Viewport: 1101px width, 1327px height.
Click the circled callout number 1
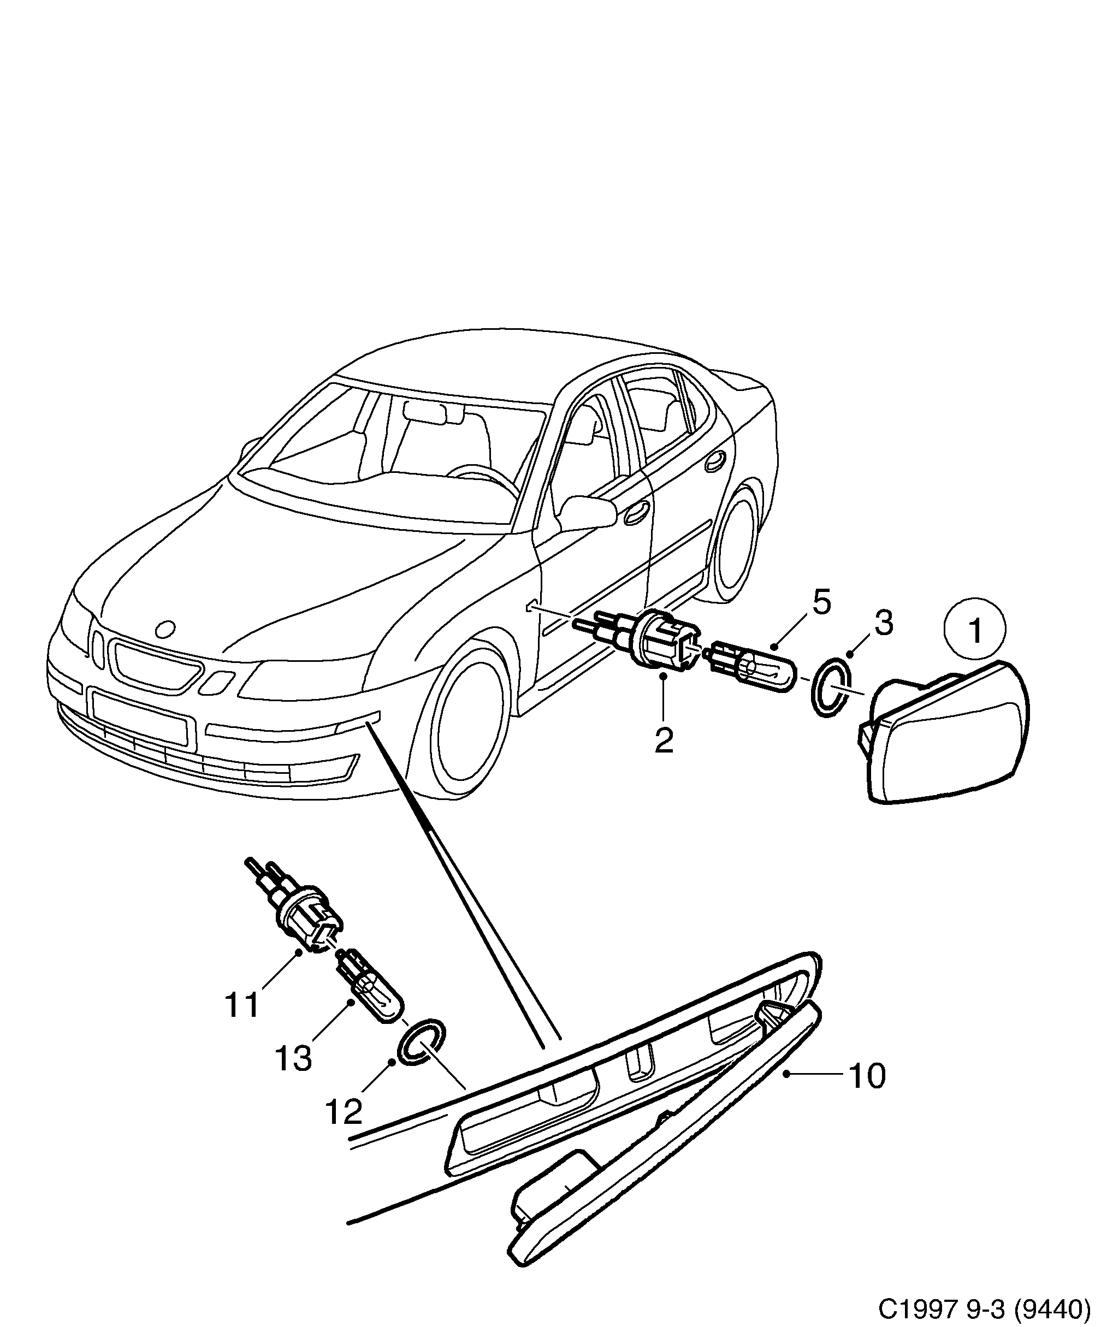[x=975, y=630]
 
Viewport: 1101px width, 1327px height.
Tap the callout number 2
[x=664, y=741]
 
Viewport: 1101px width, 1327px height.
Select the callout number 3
[x=883, y=623]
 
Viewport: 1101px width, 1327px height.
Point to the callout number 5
[x=821, y=602]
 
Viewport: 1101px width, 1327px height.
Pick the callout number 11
[x=242, y=1022]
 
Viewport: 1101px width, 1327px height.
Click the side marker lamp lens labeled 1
[x=948, y=733]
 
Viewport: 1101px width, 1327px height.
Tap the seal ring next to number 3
[x=830, y=688]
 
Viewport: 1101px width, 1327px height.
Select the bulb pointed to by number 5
[x=752, y=667]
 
